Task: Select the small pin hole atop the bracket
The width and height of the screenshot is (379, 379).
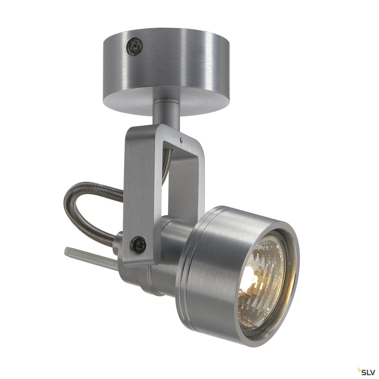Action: tap(181, 138)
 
